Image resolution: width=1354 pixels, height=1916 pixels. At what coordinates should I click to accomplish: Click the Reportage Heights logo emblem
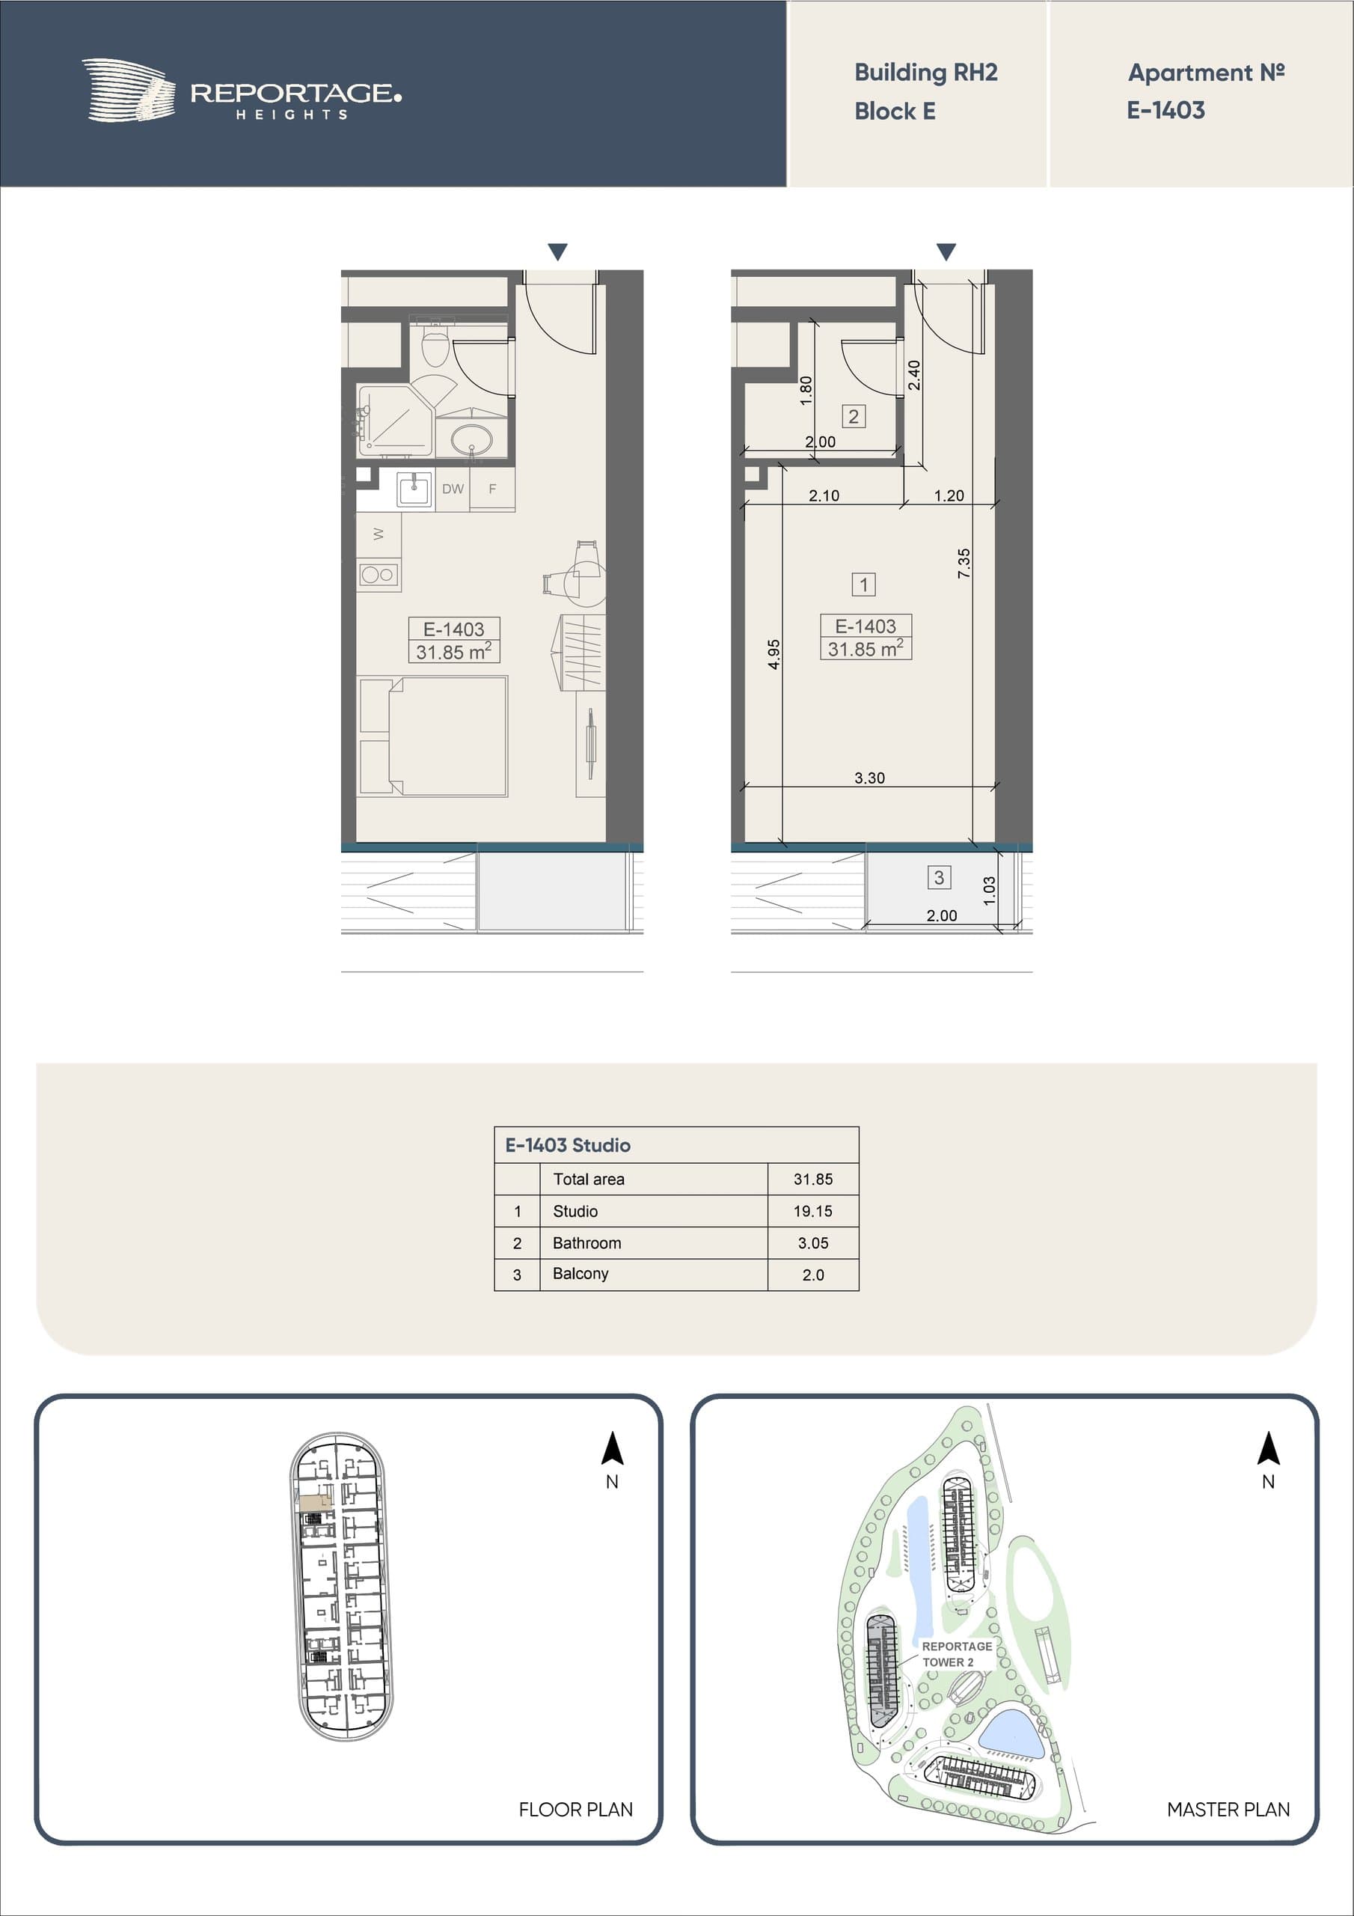(129, 90)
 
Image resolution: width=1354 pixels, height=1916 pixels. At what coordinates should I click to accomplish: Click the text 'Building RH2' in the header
(926, 73)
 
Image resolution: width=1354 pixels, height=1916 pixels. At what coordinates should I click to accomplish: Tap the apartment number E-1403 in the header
(1165, 110)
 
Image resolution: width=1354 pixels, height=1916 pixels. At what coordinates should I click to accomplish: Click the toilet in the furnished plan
(435, 344)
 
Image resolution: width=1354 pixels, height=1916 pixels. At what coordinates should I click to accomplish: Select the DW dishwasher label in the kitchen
(453, 489)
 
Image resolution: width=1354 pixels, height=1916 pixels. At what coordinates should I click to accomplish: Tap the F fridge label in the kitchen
(492, 489)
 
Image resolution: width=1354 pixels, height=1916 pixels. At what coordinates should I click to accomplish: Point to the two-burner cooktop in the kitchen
(378, 574)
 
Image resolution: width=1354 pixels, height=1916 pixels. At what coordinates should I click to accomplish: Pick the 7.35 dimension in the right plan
(964, 564)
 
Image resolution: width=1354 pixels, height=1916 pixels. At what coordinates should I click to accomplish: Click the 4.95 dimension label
(774, 654)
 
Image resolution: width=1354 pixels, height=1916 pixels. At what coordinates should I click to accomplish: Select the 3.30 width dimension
(869, 778)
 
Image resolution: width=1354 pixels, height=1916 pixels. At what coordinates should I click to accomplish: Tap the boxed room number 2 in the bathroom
(853, 416)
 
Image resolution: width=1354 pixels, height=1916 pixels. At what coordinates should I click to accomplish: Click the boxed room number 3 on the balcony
(939, 877)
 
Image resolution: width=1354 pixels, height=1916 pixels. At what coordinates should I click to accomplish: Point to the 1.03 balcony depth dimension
(990, 891)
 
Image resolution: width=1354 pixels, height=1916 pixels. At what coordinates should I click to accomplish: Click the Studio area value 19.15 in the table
(812, 1211)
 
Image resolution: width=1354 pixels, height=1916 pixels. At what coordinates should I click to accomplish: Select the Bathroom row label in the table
(586, 1242)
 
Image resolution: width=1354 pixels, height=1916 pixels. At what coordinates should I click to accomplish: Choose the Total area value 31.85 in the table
(812, 1179)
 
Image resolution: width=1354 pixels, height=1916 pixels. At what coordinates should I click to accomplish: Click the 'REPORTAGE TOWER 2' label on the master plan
(957, 1653)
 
